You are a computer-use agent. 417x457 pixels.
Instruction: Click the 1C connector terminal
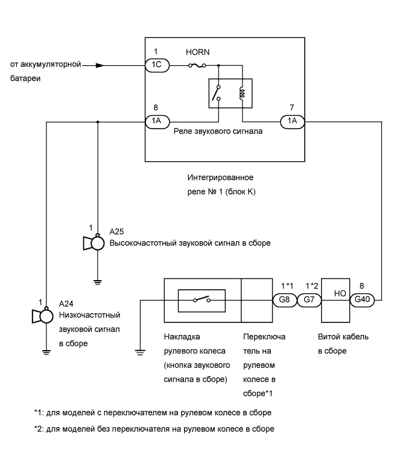157,65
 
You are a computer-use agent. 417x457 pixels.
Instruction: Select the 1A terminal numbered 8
157,121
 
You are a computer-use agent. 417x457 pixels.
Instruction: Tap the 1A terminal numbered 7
292,121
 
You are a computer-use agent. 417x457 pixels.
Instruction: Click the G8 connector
285,299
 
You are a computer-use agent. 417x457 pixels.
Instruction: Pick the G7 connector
310,299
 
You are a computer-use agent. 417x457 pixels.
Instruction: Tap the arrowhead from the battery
99,65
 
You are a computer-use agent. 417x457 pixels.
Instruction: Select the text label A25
116,232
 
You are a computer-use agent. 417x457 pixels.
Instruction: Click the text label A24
66,304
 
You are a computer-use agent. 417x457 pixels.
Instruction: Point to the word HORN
197,53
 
